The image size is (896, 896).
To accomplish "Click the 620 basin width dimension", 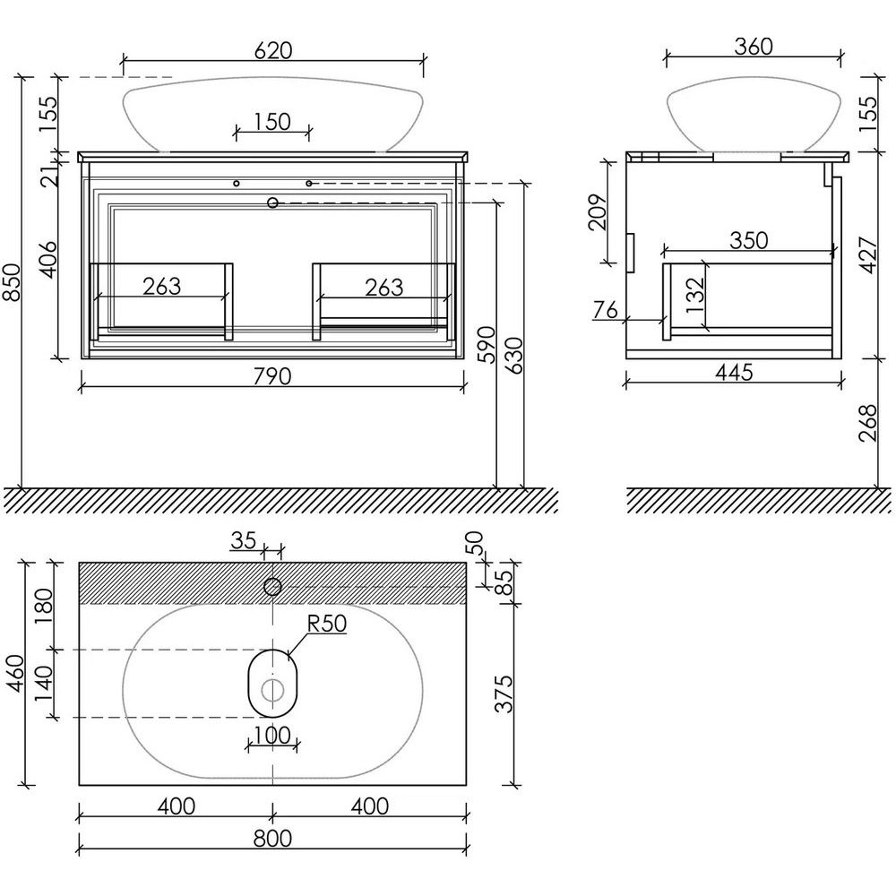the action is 273,50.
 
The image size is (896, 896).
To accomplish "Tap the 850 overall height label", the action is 12,282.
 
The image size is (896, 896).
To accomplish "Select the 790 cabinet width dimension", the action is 272,376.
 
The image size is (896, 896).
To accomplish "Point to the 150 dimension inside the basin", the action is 272,122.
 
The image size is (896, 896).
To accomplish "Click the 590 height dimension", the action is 487,345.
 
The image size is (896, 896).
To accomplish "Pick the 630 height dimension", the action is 513,356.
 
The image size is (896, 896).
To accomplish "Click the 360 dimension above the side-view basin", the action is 754,47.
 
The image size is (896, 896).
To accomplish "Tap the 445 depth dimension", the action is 735,373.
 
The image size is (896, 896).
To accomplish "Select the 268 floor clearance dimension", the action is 867,423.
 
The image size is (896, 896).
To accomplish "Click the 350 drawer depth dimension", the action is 748,240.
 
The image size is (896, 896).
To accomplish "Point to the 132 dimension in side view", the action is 695,296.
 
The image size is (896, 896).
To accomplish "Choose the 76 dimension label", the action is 606,310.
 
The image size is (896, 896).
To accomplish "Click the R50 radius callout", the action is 327,624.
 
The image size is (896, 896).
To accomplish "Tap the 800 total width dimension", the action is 272,839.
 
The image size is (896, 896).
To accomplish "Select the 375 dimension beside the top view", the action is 504,694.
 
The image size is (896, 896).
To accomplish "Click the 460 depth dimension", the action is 15,673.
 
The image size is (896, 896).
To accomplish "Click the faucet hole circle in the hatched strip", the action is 272,586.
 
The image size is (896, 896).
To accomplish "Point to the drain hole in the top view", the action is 272,691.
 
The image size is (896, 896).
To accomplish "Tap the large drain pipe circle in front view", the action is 272,202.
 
